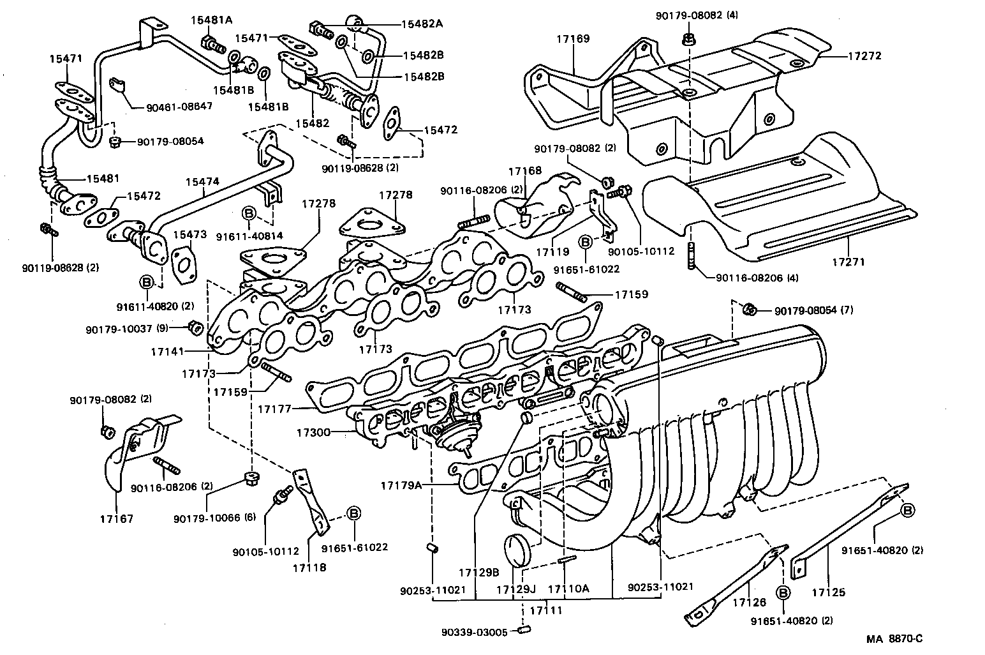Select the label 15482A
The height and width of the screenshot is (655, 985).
pos(421,24)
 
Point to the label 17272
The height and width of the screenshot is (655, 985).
pos(864,56)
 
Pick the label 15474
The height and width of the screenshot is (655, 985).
pos(202,182)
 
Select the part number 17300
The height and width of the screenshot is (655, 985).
pos(313,433)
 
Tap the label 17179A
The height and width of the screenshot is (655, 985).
pos(401,485)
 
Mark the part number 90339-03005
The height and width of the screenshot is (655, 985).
pos(474,632)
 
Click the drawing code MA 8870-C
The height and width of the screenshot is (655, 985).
pos(894,638)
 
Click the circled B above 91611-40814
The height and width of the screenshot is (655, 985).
pos(249,213)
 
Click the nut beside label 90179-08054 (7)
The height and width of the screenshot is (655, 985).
pos(751,310)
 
